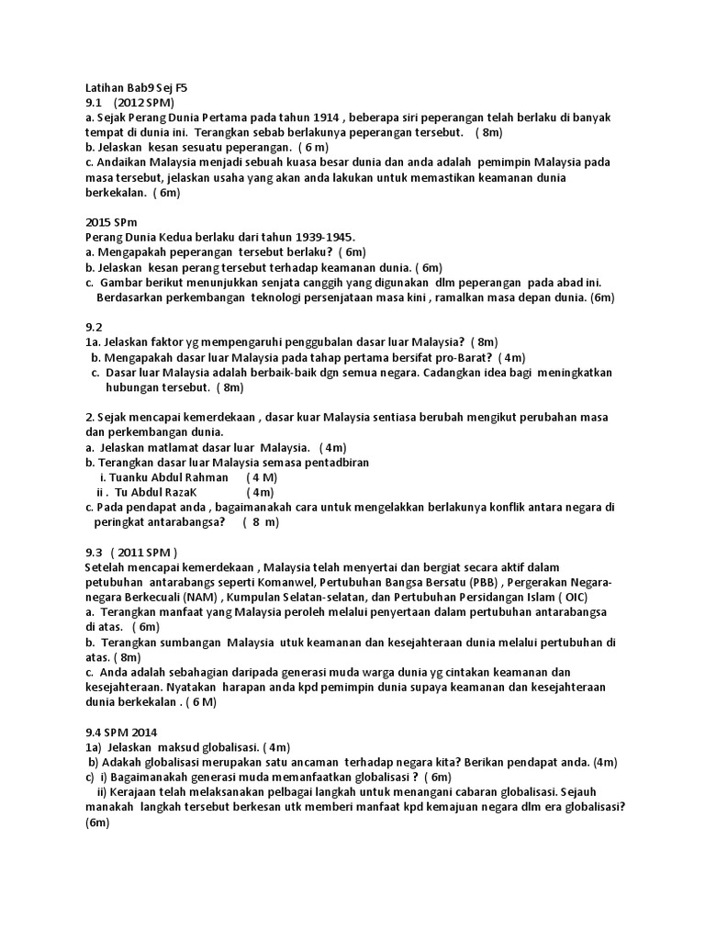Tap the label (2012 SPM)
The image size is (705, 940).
144,103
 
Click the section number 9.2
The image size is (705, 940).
93,327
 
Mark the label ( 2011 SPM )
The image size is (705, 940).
144,553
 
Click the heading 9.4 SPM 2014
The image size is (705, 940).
121,732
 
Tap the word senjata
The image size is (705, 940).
282,282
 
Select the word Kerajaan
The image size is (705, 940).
144,791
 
